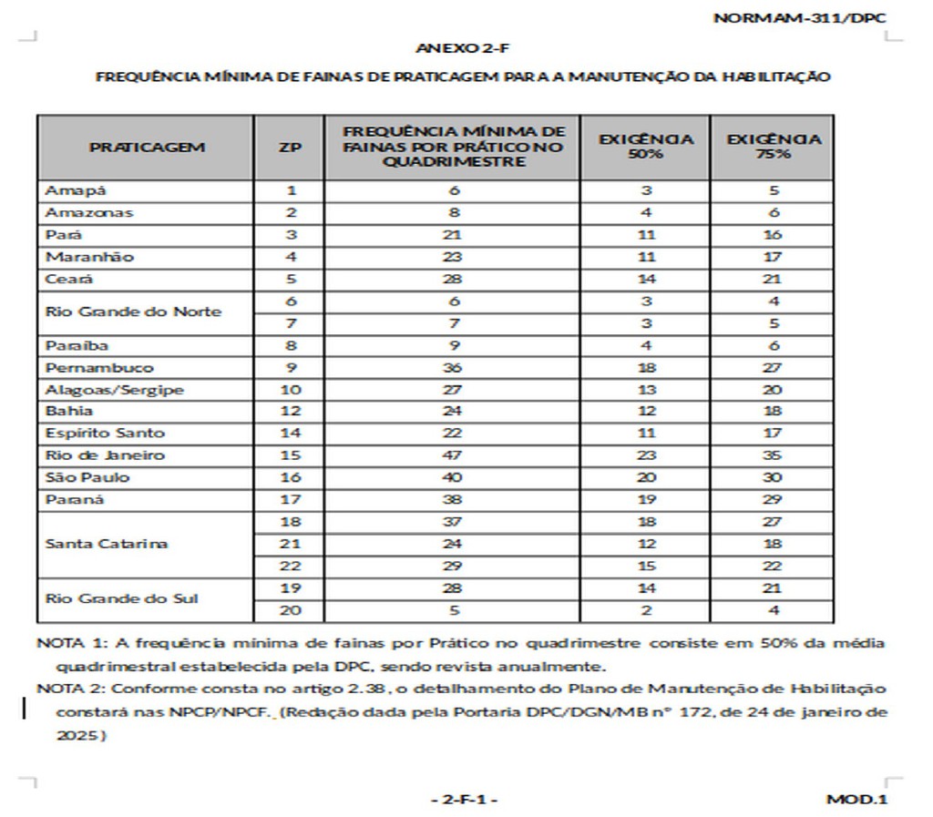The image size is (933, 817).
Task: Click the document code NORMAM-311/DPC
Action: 800,18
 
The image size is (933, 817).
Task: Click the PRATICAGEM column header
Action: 147,147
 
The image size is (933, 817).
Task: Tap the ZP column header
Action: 290,147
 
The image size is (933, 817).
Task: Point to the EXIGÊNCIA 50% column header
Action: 646,147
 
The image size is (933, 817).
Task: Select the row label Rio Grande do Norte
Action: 133,311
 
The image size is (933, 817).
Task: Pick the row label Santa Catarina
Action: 107,544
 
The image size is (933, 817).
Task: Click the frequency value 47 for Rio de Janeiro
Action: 454,455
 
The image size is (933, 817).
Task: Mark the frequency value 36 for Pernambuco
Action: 454,368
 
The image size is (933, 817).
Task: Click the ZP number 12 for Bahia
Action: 291,412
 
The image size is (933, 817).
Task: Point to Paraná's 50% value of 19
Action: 646,500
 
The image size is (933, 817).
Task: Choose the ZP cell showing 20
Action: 291,610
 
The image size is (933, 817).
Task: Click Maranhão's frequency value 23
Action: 454,257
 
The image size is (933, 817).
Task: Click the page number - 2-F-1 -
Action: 465,800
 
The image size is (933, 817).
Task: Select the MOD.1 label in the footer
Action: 856,800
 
